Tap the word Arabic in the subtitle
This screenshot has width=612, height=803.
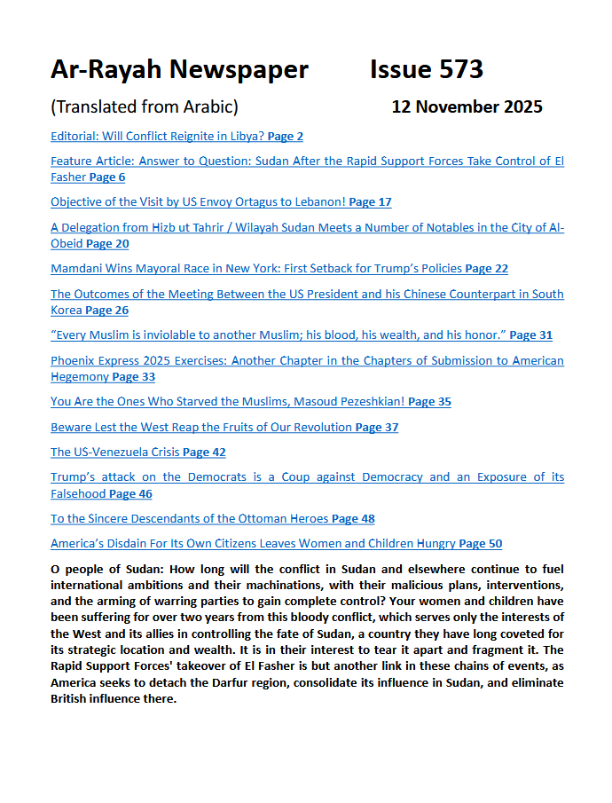(x=208, y=107)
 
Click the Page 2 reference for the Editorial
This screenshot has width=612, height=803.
(x=286, y=137)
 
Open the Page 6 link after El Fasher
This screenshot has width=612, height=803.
(x=107, y=177)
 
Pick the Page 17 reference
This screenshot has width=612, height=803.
(x=370, y=202)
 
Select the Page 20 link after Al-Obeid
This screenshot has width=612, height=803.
(x=107, y=243)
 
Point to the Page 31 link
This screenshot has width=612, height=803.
(x=530, y=335)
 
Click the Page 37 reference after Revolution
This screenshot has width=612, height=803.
(x=377, y=428)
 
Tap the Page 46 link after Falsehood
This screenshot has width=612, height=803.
(x=130, y=494)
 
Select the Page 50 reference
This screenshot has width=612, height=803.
(x=481, y=544)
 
